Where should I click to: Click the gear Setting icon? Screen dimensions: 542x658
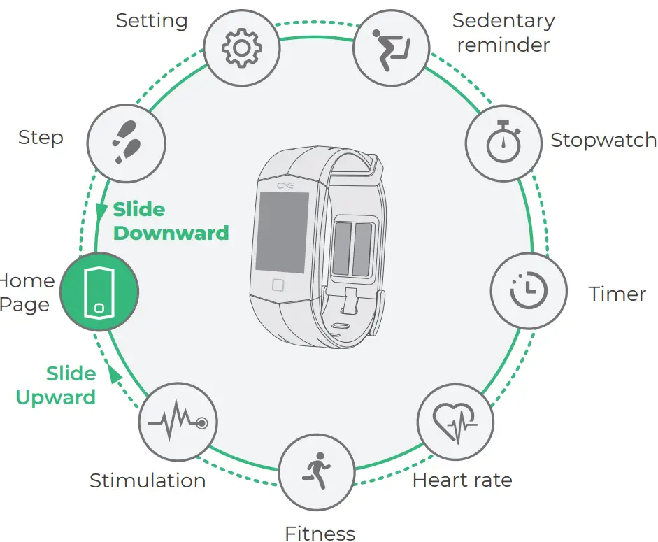pyautogui.click(x=241, y=47)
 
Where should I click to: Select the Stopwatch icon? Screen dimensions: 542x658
pyautogui.click(x=503, y=142)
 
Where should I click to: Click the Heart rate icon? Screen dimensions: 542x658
pyautogui.click(x=455, y=422)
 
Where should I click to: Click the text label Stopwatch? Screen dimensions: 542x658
pyautogui.click(x=603, y=141)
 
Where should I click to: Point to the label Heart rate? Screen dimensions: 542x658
pyautogui.click(x=462, y=480)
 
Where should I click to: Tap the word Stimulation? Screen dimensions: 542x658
pyautogui.click(x=148, y=481)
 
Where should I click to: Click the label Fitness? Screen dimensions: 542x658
pyautogui.click(x=320, y=534)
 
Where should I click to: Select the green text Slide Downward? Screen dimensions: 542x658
pyautogui.click(x=171, y=221)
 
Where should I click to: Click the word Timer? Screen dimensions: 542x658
pyautogui.click(x=617, y=294)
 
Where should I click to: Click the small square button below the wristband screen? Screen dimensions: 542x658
pyautogui.click(x=278, y=285)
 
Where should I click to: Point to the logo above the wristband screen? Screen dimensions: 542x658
pyautogui.click(x=285, y=185)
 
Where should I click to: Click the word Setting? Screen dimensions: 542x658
pyautogui.click(x=152, y=20)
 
